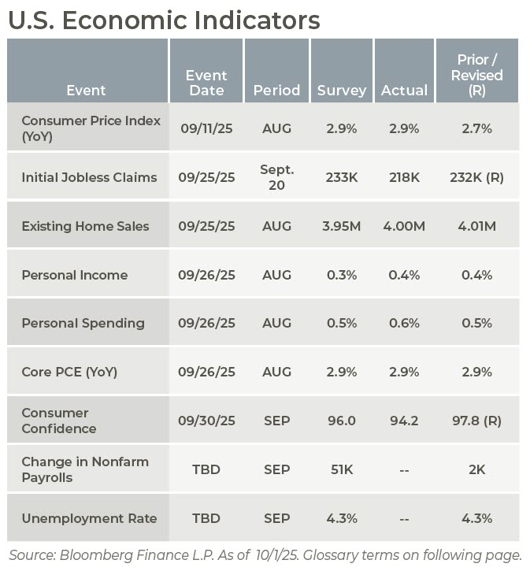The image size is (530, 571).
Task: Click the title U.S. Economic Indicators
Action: (164, 20)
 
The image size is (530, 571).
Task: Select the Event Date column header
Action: (206, 83)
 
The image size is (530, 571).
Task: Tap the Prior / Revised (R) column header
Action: (476, 75)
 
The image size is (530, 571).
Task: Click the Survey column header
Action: (342, 91)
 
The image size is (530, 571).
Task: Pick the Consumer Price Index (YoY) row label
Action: (91, 128)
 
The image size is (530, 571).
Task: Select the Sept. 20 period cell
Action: (276, 177)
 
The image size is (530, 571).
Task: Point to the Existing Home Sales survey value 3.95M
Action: (343, 226)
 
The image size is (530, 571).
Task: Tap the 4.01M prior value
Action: (476, 226)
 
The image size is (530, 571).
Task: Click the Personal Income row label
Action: (74, 275)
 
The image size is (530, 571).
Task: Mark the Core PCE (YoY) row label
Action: (69, 372)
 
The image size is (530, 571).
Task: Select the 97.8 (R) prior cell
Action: (476, 421)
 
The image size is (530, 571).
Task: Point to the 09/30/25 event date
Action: (206, 421)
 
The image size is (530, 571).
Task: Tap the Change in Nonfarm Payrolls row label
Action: (84, 469)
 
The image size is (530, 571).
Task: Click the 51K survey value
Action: (343, 469)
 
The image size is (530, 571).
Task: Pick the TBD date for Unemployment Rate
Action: (206, 518)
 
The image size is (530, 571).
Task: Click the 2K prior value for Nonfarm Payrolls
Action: (476, 469)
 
